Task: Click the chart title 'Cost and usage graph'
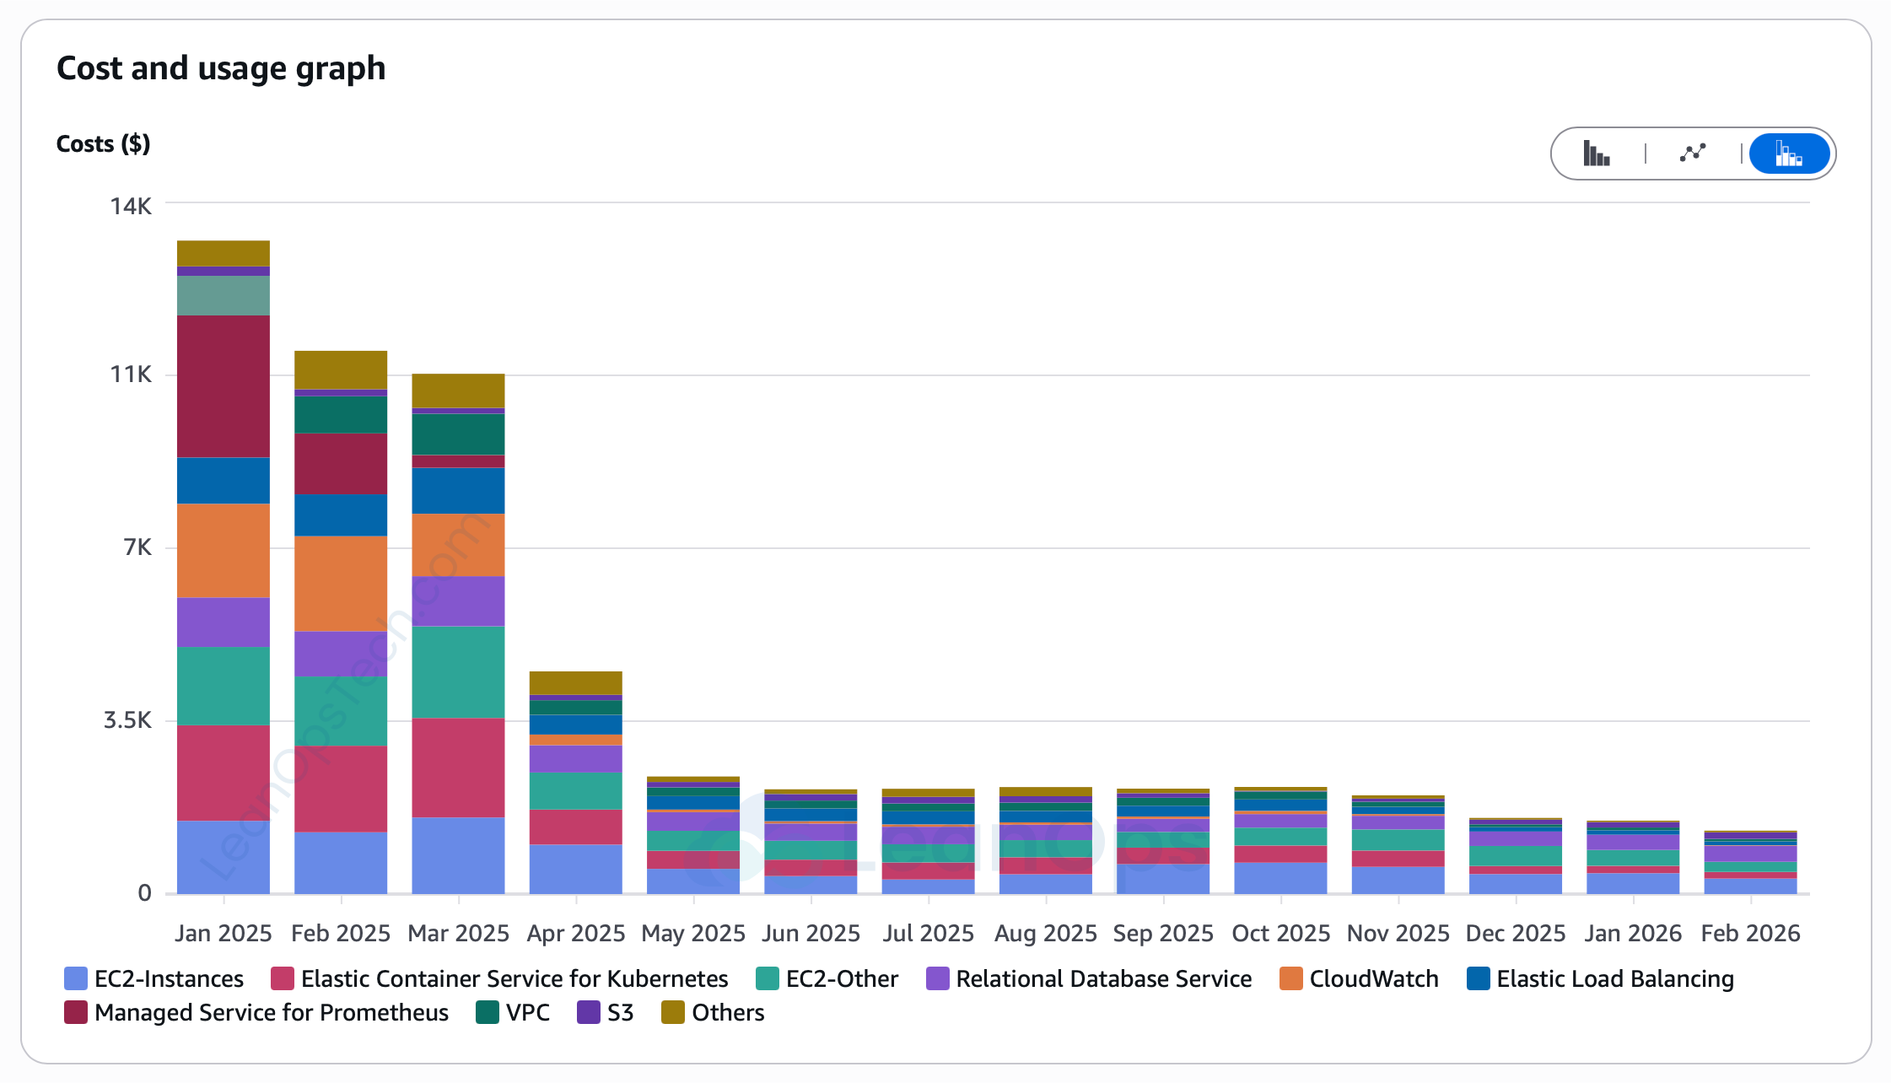pos(221,68)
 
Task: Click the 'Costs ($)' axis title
pos(103,144)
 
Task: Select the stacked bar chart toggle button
pos(1788,154)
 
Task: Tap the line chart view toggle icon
pos(1692,154)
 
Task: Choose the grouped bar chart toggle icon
pos(1596,154)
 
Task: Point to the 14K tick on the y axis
pos(131,207)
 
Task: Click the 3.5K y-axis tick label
pos(127,720)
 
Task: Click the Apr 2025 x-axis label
pos(575,934)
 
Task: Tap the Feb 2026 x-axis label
pos(1750,934)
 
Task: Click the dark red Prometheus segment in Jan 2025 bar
pos(224,386)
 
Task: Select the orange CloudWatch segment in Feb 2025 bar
pos(341,584)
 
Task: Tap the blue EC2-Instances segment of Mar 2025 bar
pos(458,855)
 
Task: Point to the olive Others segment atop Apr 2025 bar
pos(575,682)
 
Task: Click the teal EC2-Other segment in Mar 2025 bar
pos(458,672)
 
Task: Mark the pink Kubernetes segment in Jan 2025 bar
pos(224,773)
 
